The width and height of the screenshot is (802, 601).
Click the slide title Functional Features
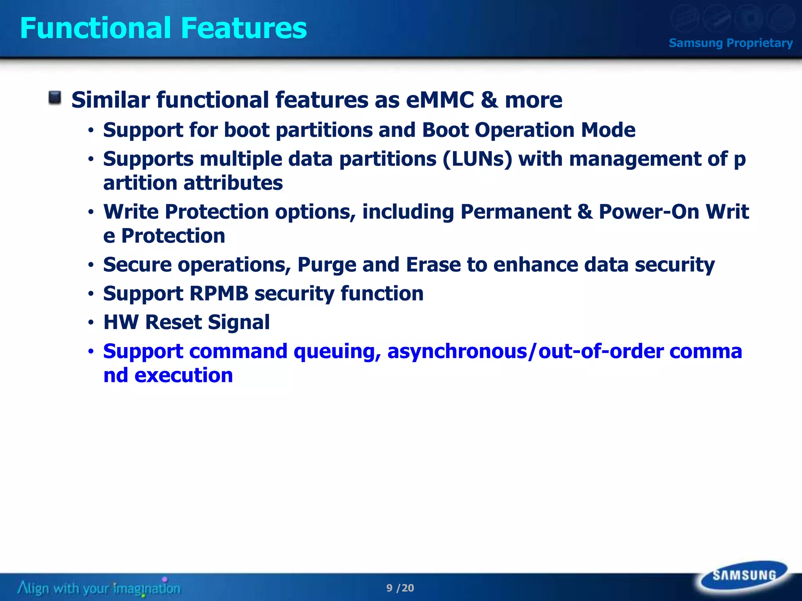[x=163, y=28]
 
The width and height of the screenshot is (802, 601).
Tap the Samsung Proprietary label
[x=730, y=43]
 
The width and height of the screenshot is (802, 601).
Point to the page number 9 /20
[x=400, y=588]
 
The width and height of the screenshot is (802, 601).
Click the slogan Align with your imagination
[x=99, y=588]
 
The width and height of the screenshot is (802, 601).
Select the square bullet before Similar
[x=55, y=98]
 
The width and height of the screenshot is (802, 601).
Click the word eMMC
[x=440, y=100]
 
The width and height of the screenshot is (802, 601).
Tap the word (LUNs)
[x=477, y=159]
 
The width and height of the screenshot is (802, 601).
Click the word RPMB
[x=219, y=293]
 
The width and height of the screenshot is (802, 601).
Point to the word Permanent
[x=515, y=212]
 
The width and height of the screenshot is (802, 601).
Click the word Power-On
[x=649, y=212]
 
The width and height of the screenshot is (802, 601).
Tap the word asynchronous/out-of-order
[x=525, y=351]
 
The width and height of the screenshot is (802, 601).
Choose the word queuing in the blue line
[x=337, y=352]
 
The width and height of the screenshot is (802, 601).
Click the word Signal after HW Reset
[x=238, y=322]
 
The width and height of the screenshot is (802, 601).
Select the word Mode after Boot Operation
[x=608, y=130]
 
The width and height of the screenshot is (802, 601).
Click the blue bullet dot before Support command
[x=91, y=351]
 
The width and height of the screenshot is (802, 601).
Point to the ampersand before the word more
[x=489, y=100]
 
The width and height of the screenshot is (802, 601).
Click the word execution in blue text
[x=184, y=376]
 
